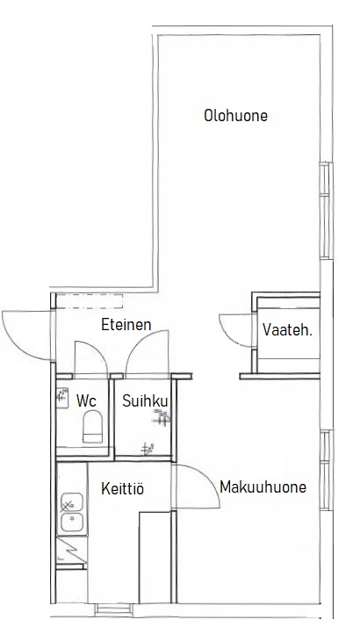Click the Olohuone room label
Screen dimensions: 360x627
tap(235, 116)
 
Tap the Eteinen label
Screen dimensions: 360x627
tap(126, 324)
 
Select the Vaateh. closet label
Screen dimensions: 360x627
tap(287, 330)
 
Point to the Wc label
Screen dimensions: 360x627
tap(86, 400)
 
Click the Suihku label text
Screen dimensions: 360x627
tap(145, 400)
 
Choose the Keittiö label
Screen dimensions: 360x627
tap(122, 488)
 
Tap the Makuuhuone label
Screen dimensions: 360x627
tap(263, 487)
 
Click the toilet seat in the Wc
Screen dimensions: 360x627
tap(92, 427)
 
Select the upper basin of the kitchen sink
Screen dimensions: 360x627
tap(72, 501)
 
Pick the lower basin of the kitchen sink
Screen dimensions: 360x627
tap(72, 522)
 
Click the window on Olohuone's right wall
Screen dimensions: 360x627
tap(326, 211)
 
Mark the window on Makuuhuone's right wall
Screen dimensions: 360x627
tap(327, 470)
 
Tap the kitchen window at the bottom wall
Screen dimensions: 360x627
tap(113, 609)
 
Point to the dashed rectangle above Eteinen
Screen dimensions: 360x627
tap(89, 300)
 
